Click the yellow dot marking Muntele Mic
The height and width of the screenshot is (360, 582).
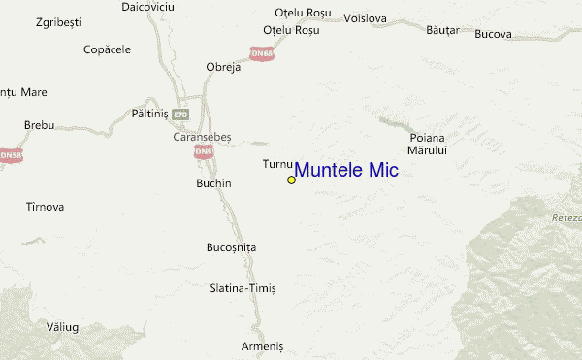pyautogui.click(x=291, y=180)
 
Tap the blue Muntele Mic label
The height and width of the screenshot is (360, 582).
pyautogui.click(x=345, y=170)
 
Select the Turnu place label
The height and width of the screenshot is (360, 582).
pyautogui.click(x=275, y=164)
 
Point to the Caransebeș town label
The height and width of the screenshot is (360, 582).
pyautogui.click(x=202, y=137)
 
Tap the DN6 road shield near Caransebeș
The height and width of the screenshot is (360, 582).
pyautogui.click(x=202, y=152)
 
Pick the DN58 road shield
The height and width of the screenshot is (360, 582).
pyautogui.click(x=11, y=154)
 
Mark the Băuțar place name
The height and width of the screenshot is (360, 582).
pyautogui.click(x=441, y=30)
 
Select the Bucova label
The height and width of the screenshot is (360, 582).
pyautogui.click(x=493, y=35)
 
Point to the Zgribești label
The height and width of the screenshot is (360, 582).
pyautogui.click(x=57, y=20)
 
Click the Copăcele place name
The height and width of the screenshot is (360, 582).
pyautogui.click(x=107, y=49)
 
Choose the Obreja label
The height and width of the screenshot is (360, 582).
pyautogui.click(x=223, y=67)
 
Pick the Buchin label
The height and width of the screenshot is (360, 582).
pyautogui.click(x=213, y=182)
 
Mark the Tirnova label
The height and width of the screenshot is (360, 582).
pyautogui.click(x=45, y=207)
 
